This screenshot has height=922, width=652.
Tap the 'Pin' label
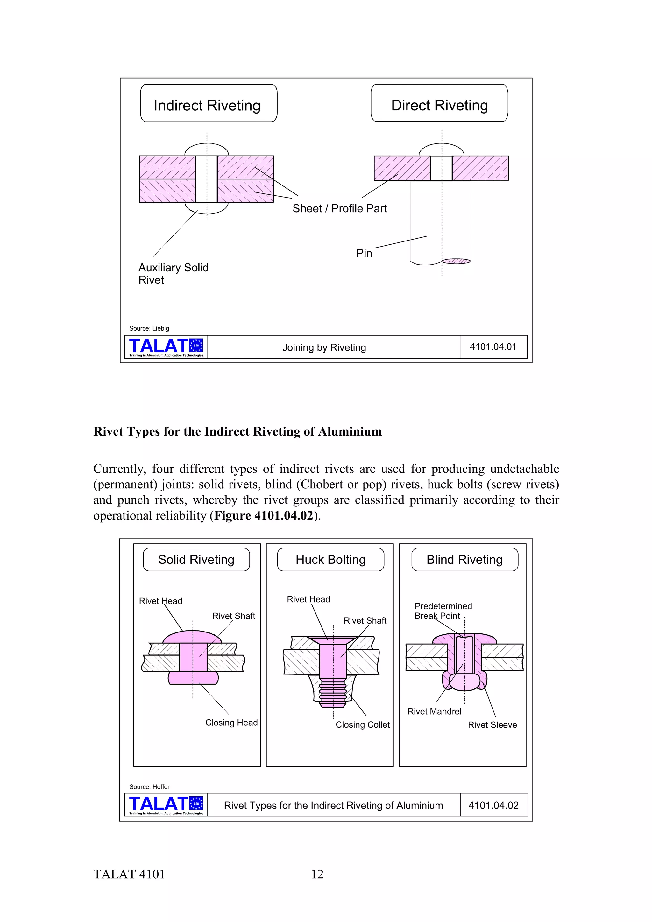(364, 253)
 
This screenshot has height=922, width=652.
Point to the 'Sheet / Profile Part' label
(339, 208)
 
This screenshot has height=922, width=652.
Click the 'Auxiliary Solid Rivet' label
(173, 274)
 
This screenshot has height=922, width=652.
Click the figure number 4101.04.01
(493, 347)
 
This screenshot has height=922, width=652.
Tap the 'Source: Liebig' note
(149, 328)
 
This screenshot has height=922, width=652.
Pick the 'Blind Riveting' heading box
(464, 559)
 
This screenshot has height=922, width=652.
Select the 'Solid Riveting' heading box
(196, 559)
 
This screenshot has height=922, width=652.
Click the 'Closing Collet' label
(362, 724)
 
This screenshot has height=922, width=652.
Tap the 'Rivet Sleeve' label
(492, 725)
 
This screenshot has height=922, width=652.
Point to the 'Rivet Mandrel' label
(434, 711)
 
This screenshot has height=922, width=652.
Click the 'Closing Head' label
(231, 723)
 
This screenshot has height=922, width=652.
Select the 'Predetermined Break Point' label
(443, 611)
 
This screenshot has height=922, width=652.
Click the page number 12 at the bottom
(317, 874)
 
